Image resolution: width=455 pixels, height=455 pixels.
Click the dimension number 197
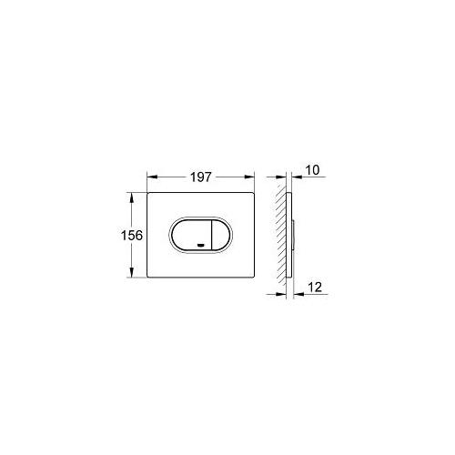tap(200, 177)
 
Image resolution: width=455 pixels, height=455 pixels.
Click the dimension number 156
tap(132, 235)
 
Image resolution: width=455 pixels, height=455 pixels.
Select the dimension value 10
tap(312, 170)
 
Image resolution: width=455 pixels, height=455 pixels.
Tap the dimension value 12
tap(315, 287)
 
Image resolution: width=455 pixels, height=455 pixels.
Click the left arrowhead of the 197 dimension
tap(151, 177)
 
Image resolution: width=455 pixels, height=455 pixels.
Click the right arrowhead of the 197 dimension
tap(249, 177)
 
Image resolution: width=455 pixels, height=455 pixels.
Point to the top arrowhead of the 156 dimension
tap(131, 197)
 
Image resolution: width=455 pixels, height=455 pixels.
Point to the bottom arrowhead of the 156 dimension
tap(131, 272)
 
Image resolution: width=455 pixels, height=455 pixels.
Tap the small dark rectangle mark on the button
tap(200, 245)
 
